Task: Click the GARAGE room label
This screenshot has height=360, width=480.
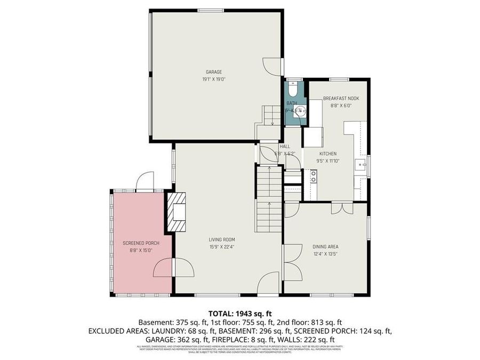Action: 214,72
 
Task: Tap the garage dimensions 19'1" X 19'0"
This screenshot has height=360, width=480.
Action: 214,79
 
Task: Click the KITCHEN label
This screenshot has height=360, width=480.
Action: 328,154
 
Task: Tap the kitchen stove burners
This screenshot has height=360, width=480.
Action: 313,176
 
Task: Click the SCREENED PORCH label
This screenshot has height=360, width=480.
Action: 141,243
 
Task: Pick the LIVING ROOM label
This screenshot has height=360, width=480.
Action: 222,239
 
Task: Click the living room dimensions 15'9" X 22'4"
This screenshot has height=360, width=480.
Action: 222,247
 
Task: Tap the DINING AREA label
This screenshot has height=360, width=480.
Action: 325,246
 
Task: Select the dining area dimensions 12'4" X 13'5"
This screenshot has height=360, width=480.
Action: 325,254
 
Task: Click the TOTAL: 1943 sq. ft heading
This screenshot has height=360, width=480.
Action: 240,314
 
